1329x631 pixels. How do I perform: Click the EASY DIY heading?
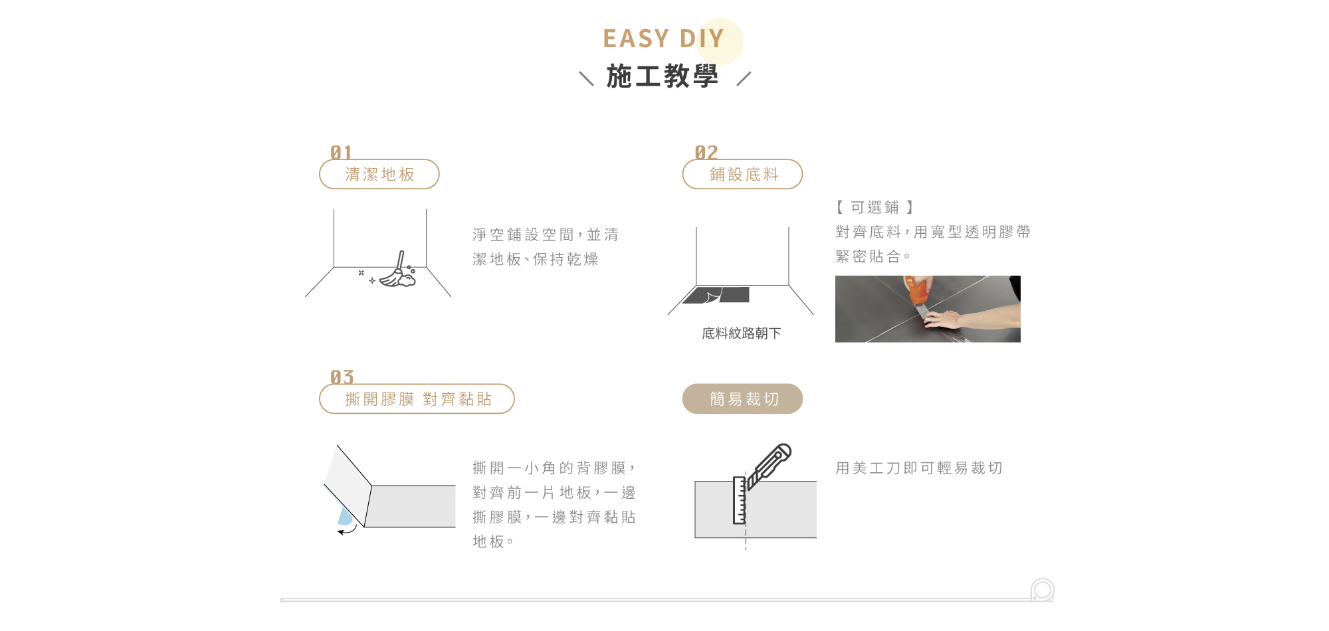(663, 39)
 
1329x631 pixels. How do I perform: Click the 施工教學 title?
(663, 76)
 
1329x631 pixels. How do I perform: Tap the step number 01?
(341, 153)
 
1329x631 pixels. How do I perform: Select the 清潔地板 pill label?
(379, 175)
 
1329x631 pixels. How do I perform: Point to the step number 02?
(706, 153)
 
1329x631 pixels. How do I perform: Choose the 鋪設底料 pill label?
(743, 175)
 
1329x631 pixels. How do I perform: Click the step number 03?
(342, 377)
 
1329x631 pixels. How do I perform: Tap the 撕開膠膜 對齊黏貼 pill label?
(417, 399)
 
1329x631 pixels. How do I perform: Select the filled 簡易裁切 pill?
(743, 399)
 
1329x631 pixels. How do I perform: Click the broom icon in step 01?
(399, 272)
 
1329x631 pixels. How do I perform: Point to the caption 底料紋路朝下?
(741, 333)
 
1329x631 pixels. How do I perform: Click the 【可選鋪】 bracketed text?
(874, 207)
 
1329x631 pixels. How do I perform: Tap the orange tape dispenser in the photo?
(918, 291)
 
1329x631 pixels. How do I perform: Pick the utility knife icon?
(771, 464)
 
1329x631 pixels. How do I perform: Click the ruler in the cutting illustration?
(739, 500)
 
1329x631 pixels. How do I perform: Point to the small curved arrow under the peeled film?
(347, 530)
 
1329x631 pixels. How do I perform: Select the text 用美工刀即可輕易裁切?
(919, 468)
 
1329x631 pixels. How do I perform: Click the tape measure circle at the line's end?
(1042, 590)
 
